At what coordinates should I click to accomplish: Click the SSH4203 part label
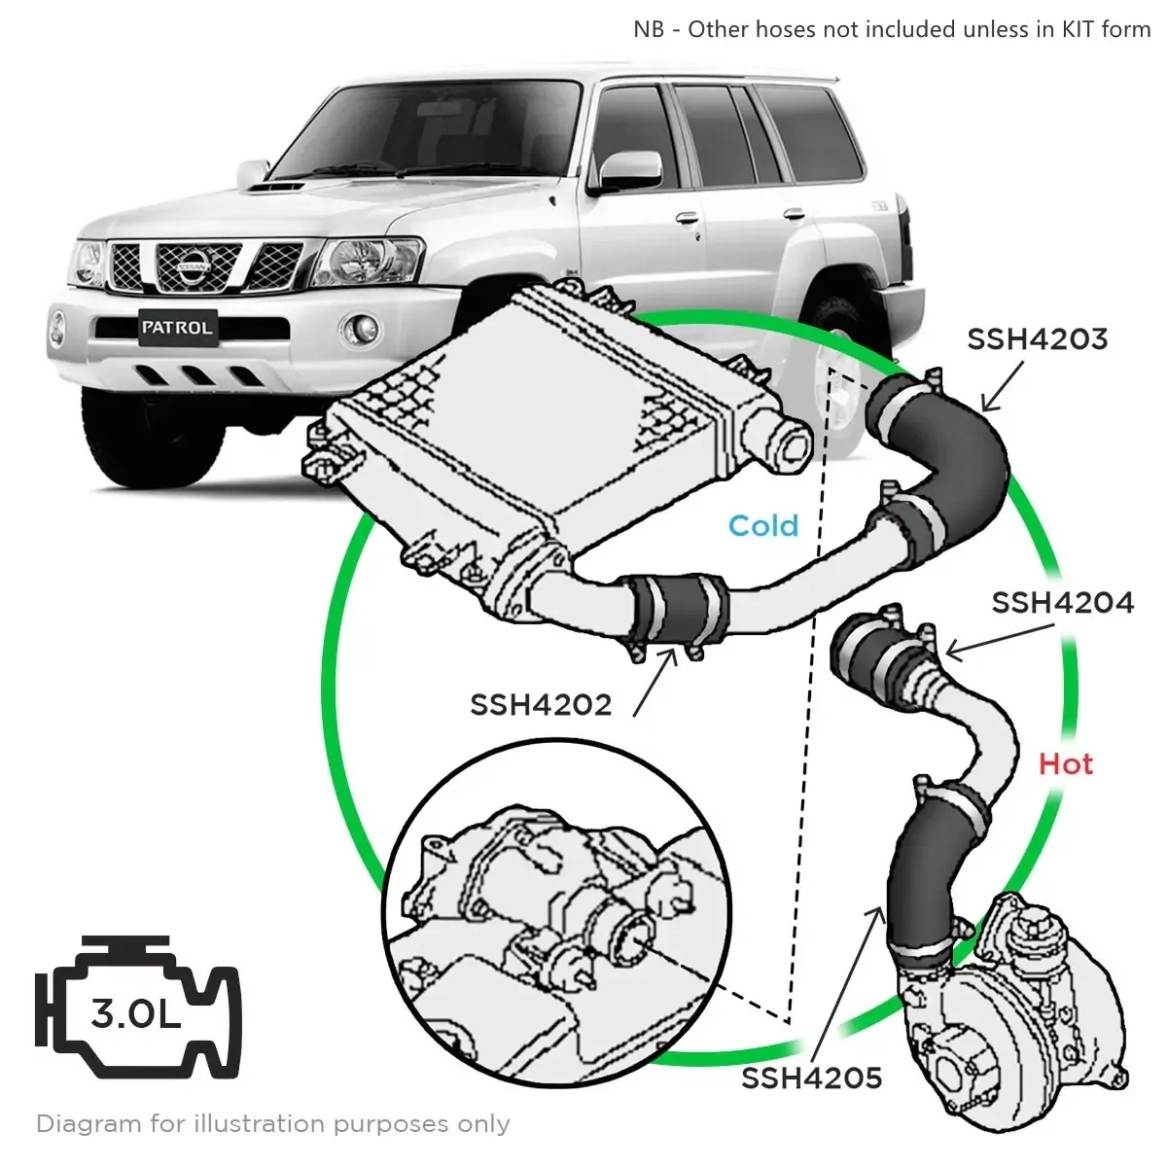[x=1037, y=338]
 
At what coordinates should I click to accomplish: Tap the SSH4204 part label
[x=1062, y=603]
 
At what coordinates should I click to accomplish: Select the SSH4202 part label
[x=541, y=704]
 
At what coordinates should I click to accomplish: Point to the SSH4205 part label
[x=811, y=1078]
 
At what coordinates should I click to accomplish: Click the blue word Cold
[x=763, y=526]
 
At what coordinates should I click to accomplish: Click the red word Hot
[x=1066, y=764]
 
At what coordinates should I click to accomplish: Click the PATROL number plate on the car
[x=176, y=328]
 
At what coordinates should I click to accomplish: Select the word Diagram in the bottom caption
[x=88, y=1124]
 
